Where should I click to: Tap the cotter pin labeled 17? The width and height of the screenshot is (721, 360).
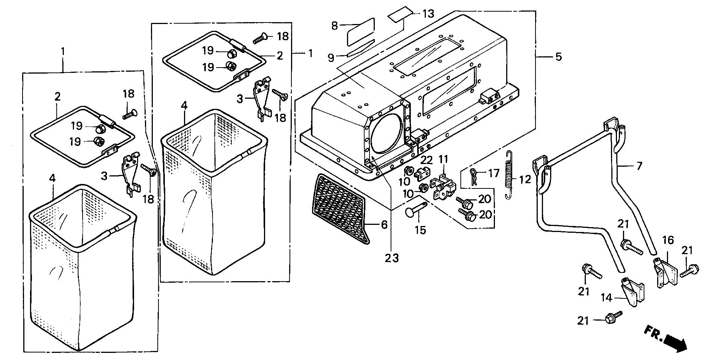click(474, 177)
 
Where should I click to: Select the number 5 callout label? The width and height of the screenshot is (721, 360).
click(558, 57)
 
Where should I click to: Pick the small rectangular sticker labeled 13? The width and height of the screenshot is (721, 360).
click(399, 17)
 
